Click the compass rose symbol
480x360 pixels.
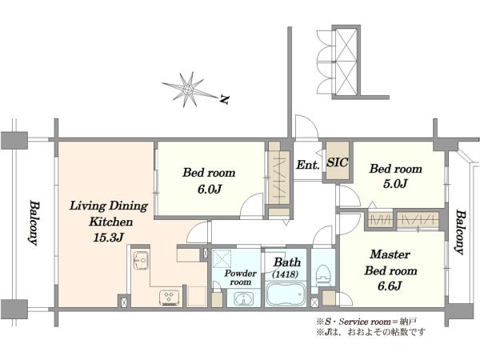[187, 90]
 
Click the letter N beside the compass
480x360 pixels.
[225, 99]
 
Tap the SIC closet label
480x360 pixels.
[338, 162]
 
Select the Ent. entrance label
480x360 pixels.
[308, 165]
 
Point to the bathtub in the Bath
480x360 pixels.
[286, 294]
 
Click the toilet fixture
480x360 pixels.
[323, 275]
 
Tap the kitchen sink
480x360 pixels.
[141, 261]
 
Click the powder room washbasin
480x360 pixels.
[243, 299]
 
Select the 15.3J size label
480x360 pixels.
[108, 238]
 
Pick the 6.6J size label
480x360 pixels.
[390, 286]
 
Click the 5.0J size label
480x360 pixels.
[395, 184]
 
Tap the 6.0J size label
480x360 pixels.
[209, 189]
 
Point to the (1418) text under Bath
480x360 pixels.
[286, 274]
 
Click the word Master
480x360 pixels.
[390, 254]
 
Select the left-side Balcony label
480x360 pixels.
[34, 223]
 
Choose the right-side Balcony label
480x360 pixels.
[458, 232]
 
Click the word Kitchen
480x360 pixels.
[111, 222]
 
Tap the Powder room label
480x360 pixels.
[241, 278]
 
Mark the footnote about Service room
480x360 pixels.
[366, 322]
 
